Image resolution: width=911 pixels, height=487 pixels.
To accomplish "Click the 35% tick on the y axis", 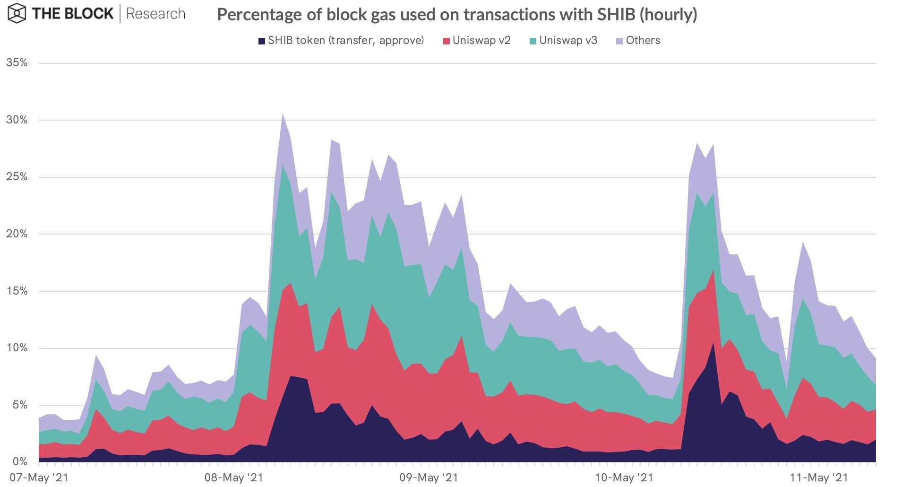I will point(17,63).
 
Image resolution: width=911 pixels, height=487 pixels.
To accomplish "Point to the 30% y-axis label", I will point(17,120).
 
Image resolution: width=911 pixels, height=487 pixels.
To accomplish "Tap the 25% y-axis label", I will point(17,177).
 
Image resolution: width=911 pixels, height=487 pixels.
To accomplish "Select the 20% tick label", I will point(17,234).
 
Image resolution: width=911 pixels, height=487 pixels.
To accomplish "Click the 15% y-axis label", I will point(17,291).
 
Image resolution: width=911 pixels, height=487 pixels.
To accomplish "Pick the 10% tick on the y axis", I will point(17,348).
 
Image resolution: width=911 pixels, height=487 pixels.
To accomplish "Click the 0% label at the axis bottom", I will point(19,461).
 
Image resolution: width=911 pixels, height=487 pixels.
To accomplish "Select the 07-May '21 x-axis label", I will point(39,478).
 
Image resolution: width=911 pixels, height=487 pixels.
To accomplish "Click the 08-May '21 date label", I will point(233,478).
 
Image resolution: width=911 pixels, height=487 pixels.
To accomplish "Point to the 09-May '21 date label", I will point(429,478).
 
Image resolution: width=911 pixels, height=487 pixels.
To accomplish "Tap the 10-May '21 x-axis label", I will point(623,478).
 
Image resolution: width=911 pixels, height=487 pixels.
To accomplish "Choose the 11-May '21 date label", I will point(818,478).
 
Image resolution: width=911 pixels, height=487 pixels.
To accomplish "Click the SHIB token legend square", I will point(261,41).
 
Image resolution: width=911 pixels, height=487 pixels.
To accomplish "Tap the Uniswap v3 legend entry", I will point(563,41).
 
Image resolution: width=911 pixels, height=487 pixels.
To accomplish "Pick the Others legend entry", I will point(638,41).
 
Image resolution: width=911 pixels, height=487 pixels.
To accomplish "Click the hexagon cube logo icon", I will point(17,13).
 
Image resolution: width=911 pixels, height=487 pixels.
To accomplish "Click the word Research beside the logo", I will point(155,14).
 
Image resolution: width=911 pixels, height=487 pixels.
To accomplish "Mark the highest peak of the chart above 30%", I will point(283,114).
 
